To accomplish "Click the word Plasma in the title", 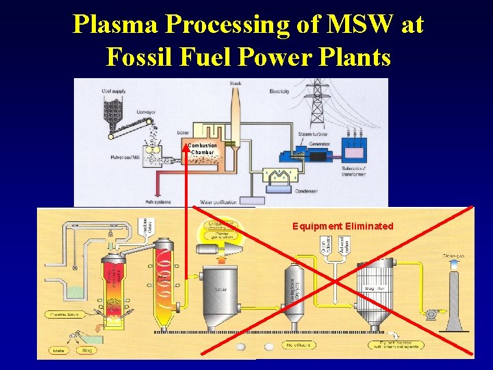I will pyautogui.click(x=112, y=25).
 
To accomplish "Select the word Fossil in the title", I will pyautogui.click(x=138, y=56).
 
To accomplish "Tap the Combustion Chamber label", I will pyautogui.click(x=203, y=149).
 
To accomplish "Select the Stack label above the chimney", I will pyautogui.click(x=236, y=84).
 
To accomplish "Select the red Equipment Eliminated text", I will pyautogui.click(x=342, y=226).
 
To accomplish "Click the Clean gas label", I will pyautogui.click(x=453, y=256).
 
